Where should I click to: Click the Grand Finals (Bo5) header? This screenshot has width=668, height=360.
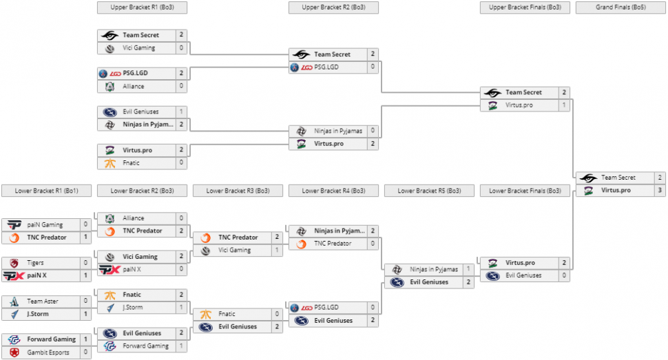(620, 8)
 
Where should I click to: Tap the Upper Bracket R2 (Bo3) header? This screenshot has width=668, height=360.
(333, 8)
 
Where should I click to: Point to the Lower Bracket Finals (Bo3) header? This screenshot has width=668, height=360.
(525, 191)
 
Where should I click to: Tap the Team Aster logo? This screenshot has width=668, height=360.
(14, 301)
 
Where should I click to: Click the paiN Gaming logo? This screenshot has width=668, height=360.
(14, 224)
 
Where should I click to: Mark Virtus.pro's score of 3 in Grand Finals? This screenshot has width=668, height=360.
(660, 190)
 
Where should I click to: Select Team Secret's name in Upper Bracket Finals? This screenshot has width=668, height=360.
(524, 92)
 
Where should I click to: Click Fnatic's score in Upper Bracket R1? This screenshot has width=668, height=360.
(181, 163)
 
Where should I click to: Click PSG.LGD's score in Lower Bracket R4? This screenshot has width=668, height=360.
(373, 308)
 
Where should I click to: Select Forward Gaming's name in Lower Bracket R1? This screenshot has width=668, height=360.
(51, 339)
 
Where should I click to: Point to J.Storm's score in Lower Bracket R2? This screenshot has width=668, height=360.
(181, 308)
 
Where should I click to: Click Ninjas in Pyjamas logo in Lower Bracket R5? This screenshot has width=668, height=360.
(397, 269)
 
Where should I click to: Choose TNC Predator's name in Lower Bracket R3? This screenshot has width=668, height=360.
(238, 237)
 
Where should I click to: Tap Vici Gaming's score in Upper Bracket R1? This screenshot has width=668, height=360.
(181, 48)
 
